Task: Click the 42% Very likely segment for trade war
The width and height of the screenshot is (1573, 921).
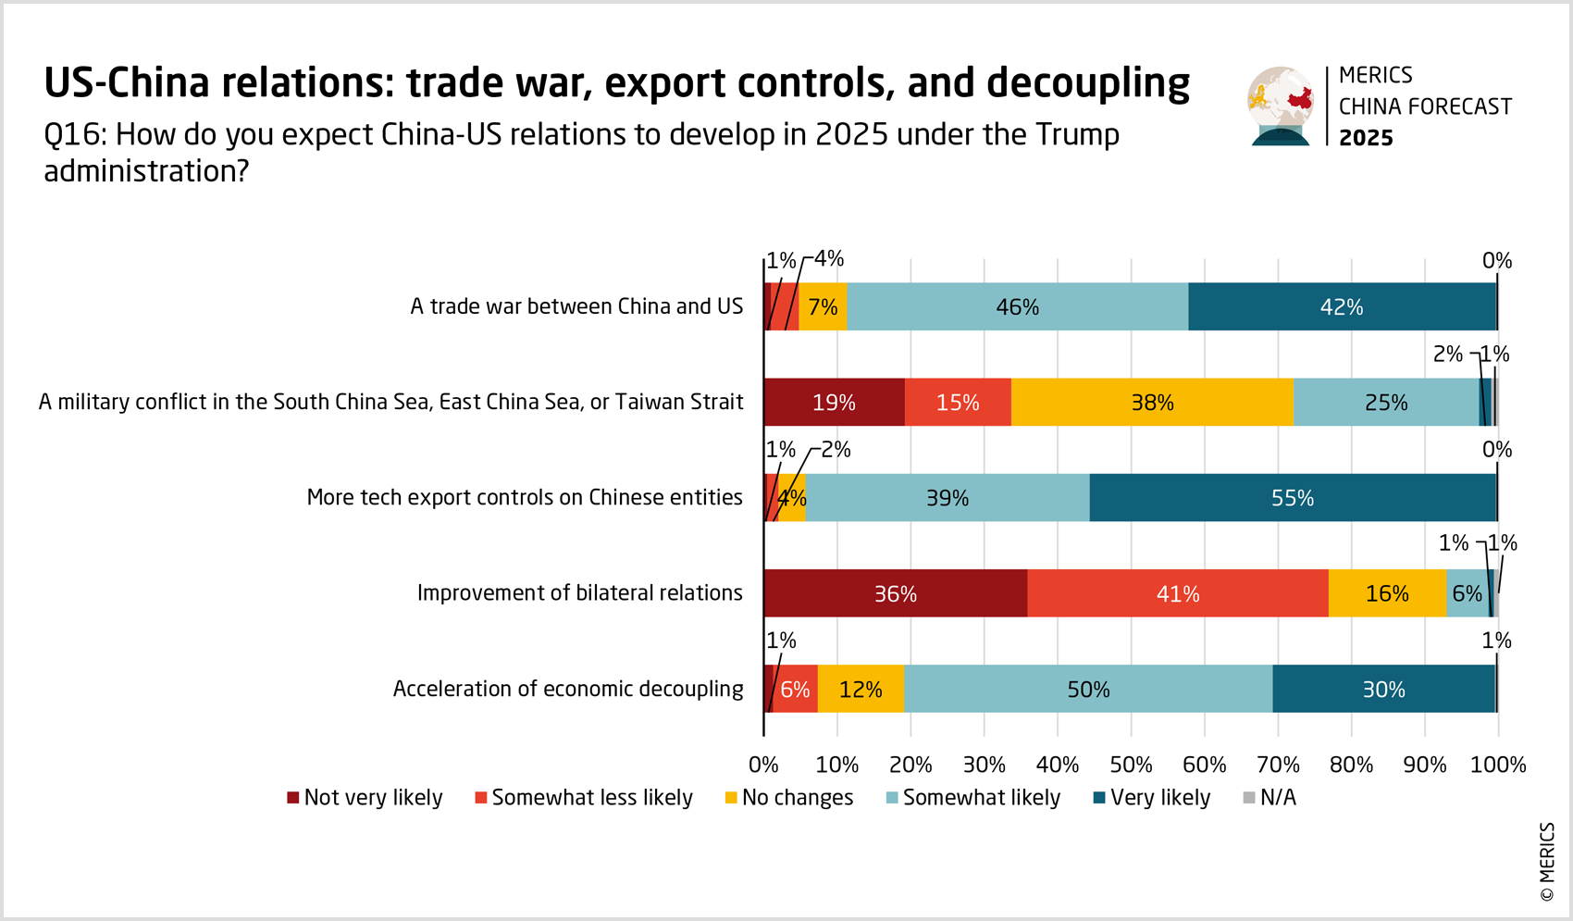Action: point(1342,306)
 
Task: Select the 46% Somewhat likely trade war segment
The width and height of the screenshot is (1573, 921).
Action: point(1017,306)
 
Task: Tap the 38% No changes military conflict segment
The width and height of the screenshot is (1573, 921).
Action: point(1152,403)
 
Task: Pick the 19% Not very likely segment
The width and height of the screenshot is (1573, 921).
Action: point(834,403)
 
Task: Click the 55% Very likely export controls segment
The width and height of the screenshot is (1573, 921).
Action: point(1293,498)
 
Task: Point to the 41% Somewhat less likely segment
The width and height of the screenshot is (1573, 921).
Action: point(1177,593)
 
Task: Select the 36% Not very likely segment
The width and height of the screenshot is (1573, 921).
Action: point(895,593)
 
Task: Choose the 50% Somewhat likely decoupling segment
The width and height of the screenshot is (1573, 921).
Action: point(1088,690)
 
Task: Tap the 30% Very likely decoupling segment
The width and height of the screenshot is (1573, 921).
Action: point(1383,690)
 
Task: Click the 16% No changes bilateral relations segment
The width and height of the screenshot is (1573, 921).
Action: point(1387,593)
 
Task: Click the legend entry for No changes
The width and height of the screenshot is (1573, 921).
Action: point(788,798)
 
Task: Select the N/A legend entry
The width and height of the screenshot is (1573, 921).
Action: point(1270,798)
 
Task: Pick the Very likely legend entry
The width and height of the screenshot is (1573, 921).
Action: point(1151,798)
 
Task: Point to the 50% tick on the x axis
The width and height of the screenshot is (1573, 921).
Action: point(1131,765)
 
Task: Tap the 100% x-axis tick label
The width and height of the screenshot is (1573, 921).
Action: point(1498,765)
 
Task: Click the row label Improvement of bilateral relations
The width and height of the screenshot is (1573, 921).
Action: point(579,593)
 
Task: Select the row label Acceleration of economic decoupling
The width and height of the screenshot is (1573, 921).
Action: point(568,690)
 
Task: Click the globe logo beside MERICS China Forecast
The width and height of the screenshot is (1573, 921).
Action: point(1281,106)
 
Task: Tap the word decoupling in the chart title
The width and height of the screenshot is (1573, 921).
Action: point(1088,83)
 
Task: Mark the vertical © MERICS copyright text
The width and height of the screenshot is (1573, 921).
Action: point(1547,862)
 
